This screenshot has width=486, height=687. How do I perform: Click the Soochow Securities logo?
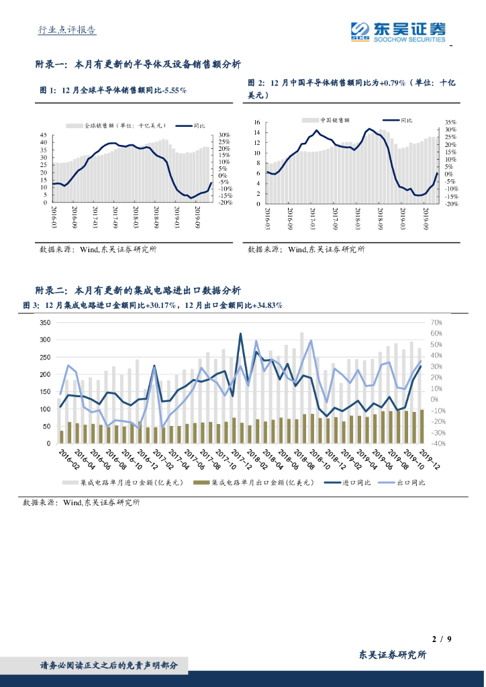(397, 30)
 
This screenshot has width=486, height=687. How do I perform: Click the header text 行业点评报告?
(66, 30)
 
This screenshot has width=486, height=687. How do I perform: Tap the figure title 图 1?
(113, 90)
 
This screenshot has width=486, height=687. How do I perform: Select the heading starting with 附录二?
(138, 290)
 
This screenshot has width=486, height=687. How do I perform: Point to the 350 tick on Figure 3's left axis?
(45, 323)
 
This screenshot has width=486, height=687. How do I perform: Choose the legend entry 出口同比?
(410, 482)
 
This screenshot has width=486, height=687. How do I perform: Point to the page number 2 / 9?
(440, 639)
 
